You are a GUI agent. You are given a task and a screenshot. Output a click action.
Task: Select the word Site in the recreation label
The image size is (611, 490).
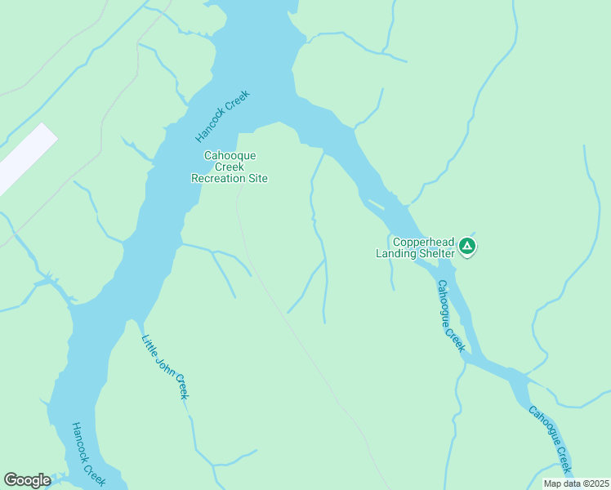(x=257, y=178)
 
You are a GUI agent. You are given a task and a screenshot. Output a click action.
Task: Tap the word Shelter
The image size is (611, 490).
(x=437, y=253)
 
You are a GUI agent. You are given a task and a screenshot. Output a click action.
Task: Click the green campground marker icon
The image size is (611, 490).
(x=466, y=245)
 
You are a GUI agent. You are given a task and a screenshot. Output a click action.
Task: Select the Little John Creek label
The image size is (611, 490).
(x=165, y=367)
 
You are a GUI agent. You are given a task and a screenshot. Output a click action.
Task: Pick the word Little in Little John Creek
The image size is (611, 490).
(x=149, y=345)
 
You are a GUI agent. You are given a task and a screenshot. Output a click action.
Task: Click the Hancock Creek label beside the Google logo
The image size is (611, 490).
(x=87, y=455)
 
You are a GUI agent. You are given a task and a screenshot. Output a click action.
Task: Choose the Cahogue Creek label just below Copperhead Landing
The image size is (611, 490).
(x=450, y=316)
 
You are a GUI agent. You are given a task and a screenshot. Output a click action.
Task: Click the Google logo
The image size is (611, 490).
(x=27, y=481)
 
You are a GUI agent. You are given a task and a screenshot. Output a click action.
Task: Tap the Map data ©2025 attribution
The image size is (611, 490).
(x=577, y=483)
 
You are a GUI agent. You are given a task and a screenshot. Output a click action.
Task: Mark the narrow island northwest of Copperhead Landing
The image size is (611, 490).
(x=377, y=203)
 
